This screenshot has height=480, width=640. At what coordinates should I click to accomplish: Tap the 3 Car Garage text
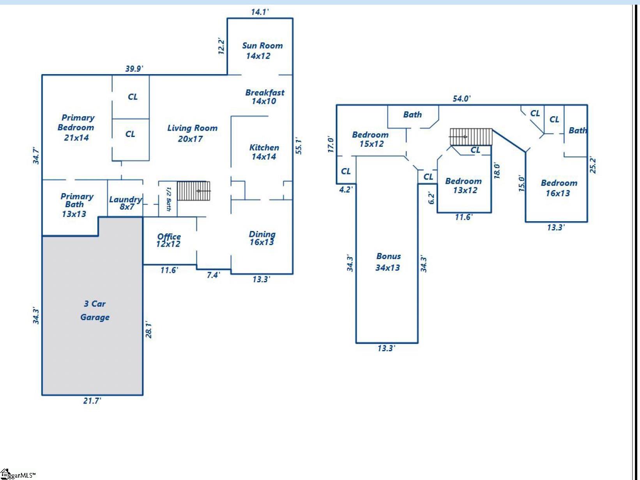(95, 311)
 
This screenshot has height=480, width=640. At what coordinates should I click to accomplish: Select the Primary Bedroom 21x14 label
(76, 128)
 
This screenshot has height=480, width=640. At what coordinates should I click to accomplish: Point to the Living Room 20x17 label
(192, 133)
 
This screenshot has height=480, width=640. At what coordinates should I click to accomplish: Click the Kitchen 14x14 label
(264, 152)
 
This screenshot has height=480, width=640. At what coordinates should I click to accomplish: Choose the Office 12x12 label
(168, 240)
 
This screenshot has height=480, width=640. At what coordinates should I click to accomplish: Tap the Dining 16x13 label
(262, 238)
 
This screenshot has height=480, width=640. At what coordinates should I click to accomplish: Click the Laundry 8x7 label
(126, 203)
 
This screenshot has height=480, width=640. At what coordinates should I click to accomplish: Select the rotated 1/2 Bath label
(168, 199)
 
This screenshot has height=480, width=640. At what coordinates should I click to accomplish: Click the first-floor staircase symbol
(194, 191)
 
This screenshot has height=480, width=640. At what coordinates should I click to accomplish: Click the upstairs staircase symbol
(471, 137)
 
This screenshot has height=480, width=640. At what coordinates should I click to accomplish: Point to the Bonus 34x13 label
(388, 262)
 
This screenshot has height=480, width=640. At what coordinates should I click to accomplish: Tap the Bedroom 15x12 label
(370, 139)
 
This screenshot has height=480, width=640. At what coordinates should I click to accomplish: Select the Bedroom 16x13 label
(558, 188)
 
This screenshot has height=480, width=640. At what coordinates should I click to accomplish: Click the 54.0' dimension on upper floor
(461, 99)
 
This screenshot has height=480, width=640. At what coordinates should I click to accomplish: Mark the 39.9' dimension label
(134, 69)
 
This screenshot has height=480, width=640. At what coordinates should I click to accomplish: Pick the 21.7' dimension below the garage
(92, 401)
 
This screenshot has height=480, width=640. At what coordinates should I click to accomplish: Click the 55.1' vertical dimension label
(299, 146)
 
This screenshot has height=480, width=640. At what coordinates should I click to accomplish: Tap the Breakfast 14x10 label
(264, 97)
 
